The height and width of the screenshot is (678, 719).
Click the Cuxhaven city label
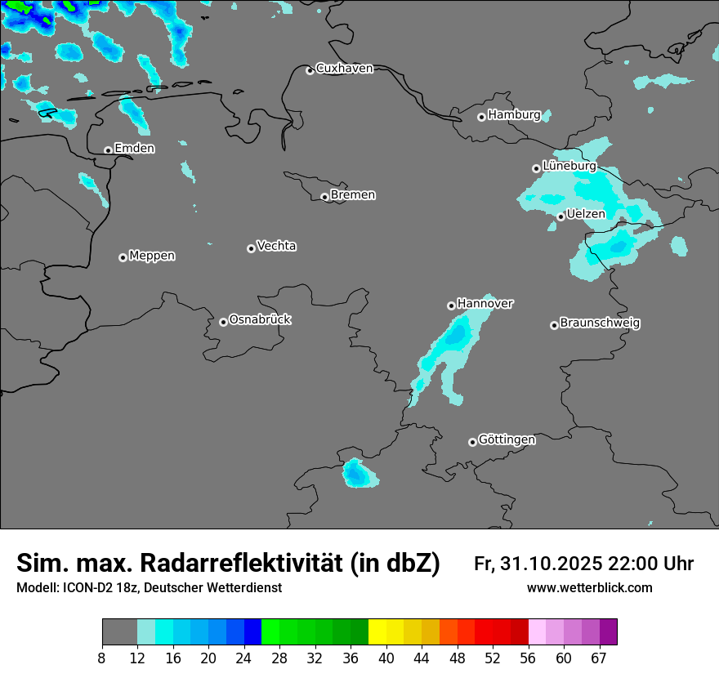pyautogui.click(x=344, y=69)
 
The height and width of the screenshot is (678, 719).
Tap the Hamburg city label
pyautogui.click(x=514, y=115)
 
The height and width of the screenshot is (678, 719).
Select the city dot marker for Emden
pyautogui.click(x=108, y=150)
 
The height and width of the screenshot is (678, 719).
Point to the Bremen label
pyautogui.click(x=353, y=195)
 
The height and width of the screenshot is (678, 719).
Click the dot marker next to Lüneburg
pyautogui.click(x=536, y=168)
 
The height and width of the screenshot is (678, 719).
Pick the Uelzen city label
pyautogui.click(x=586, y=214)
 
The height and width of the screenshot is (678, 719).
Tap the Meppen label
pyautogui.click(x=152, y=256)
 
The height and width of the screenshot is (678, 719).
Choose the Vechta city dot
pyautogui.click(x=251, y=248)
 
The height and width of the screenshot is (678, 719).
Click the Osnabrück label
pyautogui.click(x=260, y=319)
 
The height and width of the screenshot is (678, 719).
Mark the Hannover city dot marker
pyautogui.click(x=451, y=306)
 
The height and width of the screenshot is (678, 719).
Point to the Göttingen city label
pyautogui.click(x=507, y=439)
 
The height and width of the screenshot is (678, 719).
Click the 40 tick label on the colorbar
pyautogui.click(x=386, y=658)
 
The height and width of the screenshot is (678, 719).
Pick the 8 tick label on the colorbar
pyautogui.click(x=102, y=658)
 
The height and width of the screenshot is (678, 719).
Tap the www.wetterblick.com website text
pyautogui.click(x=589, y=588)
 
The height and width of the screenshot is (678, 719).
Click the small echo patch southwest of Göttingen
pyautogui.click(x=357, y=473)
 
